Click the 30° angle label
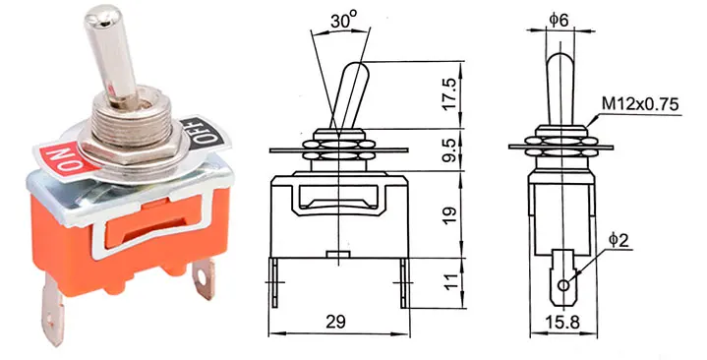click(x=343, y=21)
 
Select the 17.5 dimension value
click(x=451, y=93)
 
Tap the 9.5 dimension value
click(x=451, y=150)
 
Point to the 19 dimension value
click(x=451, y=212)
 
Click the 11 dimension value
click(x=451, y=281)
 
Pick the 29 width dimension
click(x=336, y=322)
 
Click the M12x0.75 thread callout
click(x=640, y=104)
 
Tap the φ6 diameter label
click(x=560, y=20)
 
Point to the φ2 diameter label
click(x=619, y=240)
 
